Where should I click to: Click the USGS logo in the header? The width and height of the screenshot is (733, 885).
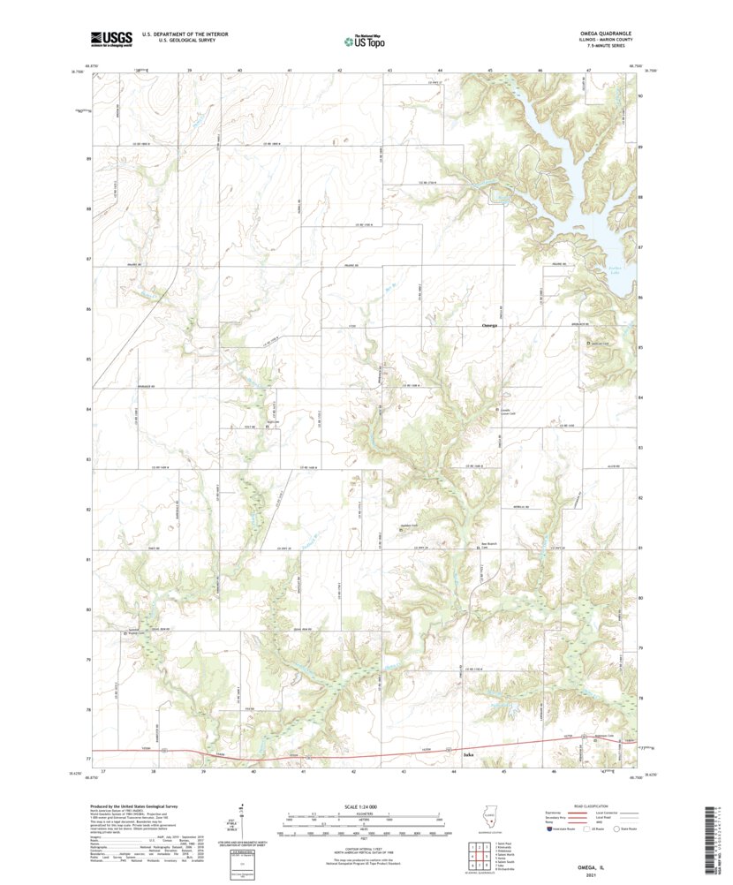(110, 38)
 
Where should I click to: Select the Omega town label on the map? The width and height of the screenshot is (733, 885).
(489, 325)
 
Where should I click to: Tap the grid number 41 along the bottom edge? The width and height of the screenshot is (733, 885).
(303, 771)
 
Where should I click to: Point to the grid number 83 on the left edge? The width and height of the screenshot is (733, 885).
(88, 460)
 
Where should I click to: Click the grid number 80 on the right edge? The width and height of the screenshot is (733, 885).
(640, 598)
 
